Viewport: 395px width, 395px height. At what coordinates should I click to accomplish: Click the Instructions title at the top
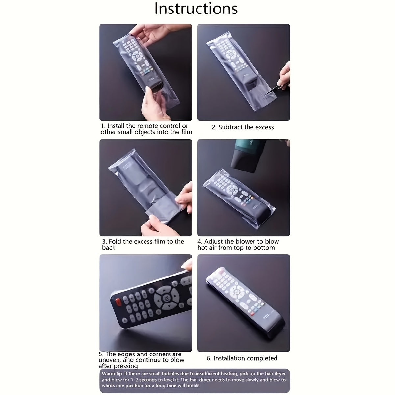pyautogui.click(x=196, y=9)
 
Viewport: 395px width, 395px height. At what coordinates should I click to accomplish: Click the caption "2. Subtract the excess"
pyautogui.click(x=243, y=127)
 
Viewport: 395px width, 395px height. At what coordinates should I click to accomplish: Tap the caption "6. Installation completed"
pyautogui.click(x=242, y=358)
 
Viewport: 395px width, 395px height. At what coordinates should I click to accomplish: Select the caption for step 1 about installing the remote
pyautogui.click(x=146, y=129)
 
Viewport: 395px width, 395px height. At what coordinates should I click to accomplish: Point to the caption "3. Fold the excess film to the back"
pyautogui.click(x=143, y=244)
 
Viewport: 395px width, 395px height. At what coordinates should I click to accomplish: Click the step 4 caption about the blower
pyautogui.click(x=238, y=244)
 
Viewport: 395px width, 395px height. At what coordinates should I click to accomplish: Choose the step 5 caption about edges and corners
pyautogui.click(x=142, y=360)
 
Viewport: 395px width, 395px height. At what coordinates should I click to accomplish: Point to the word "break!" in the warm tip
pyautogui.click(x=192, y=385)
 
